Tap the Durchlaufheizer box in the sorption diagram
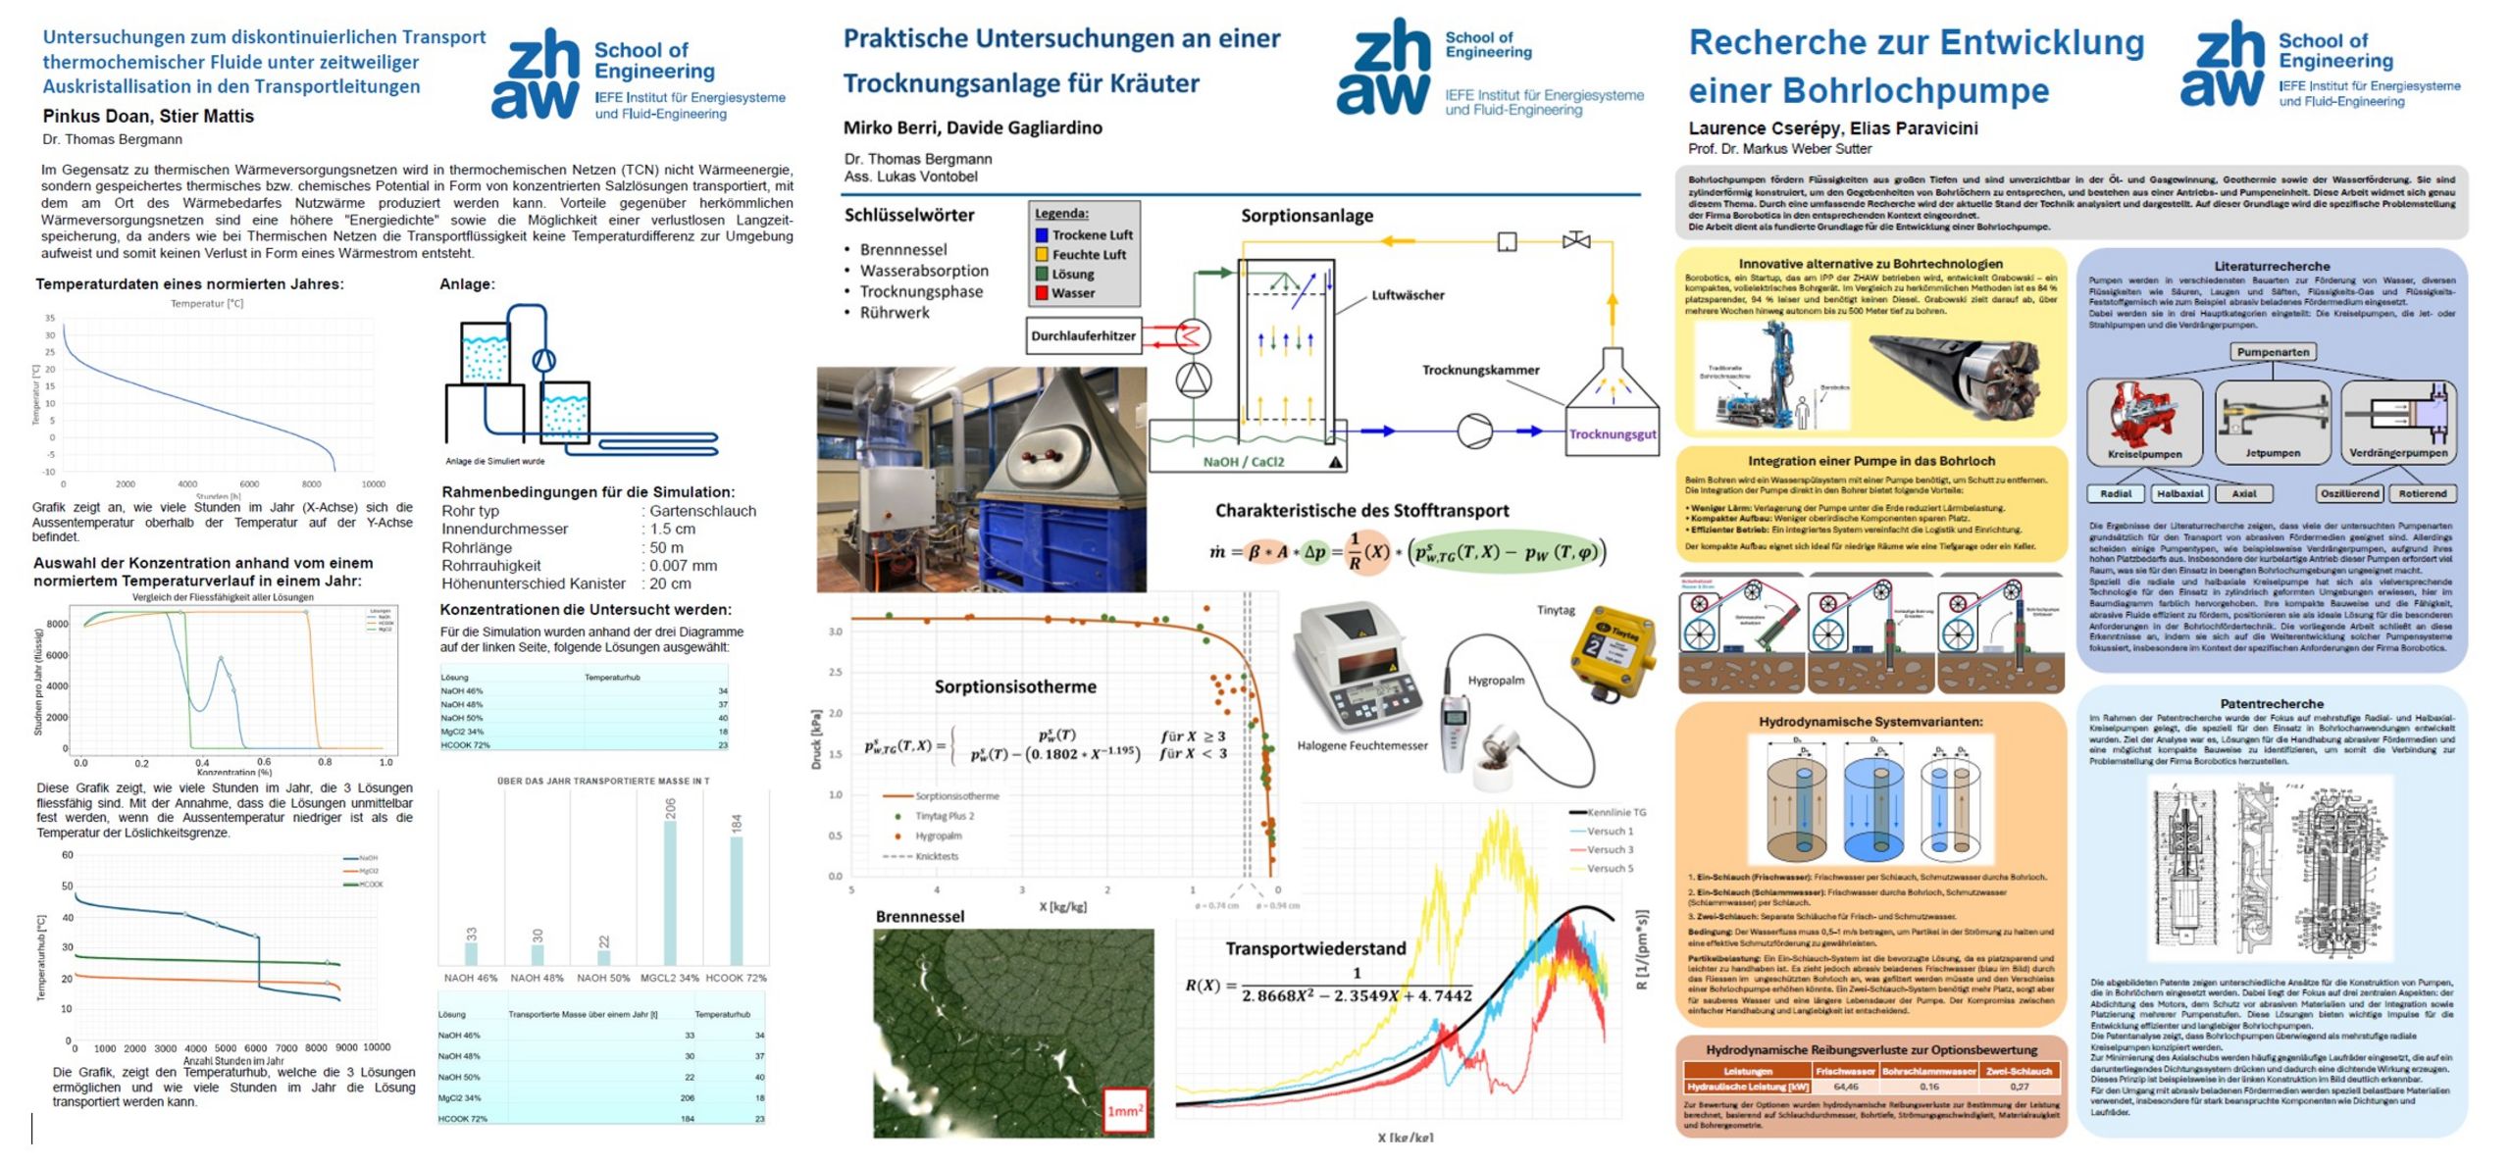[x=1083, y=335]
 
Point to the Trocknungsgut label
[x=1613, y=434]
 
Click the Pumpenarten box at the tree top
[x=2273, y=352]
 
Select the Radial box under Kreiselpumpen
[x=2115, y=494]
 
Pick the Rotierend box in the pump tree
[x=2423, y=494]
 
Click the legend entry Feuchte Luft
[x=1089, y=255]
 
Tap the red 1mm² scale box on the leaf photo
[x=1125, y=1110]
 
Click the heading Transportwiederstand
[x=1314, y=948]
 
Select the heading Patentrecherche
[x=2271, y=704]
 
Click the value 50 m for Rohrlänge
[x=666, y=547]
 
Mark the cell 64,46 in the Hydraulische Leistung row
[x=1845, y=1087]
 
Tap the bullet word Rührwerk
[x=894, y=313]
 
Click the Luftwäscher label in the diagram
[x=1407, y=295]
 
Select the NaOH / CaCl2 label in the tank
[x=1243, y=462]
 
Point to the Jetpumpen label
[x=2272, y=453]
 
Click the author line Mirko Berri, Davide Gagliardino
[x=972, y=127]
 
